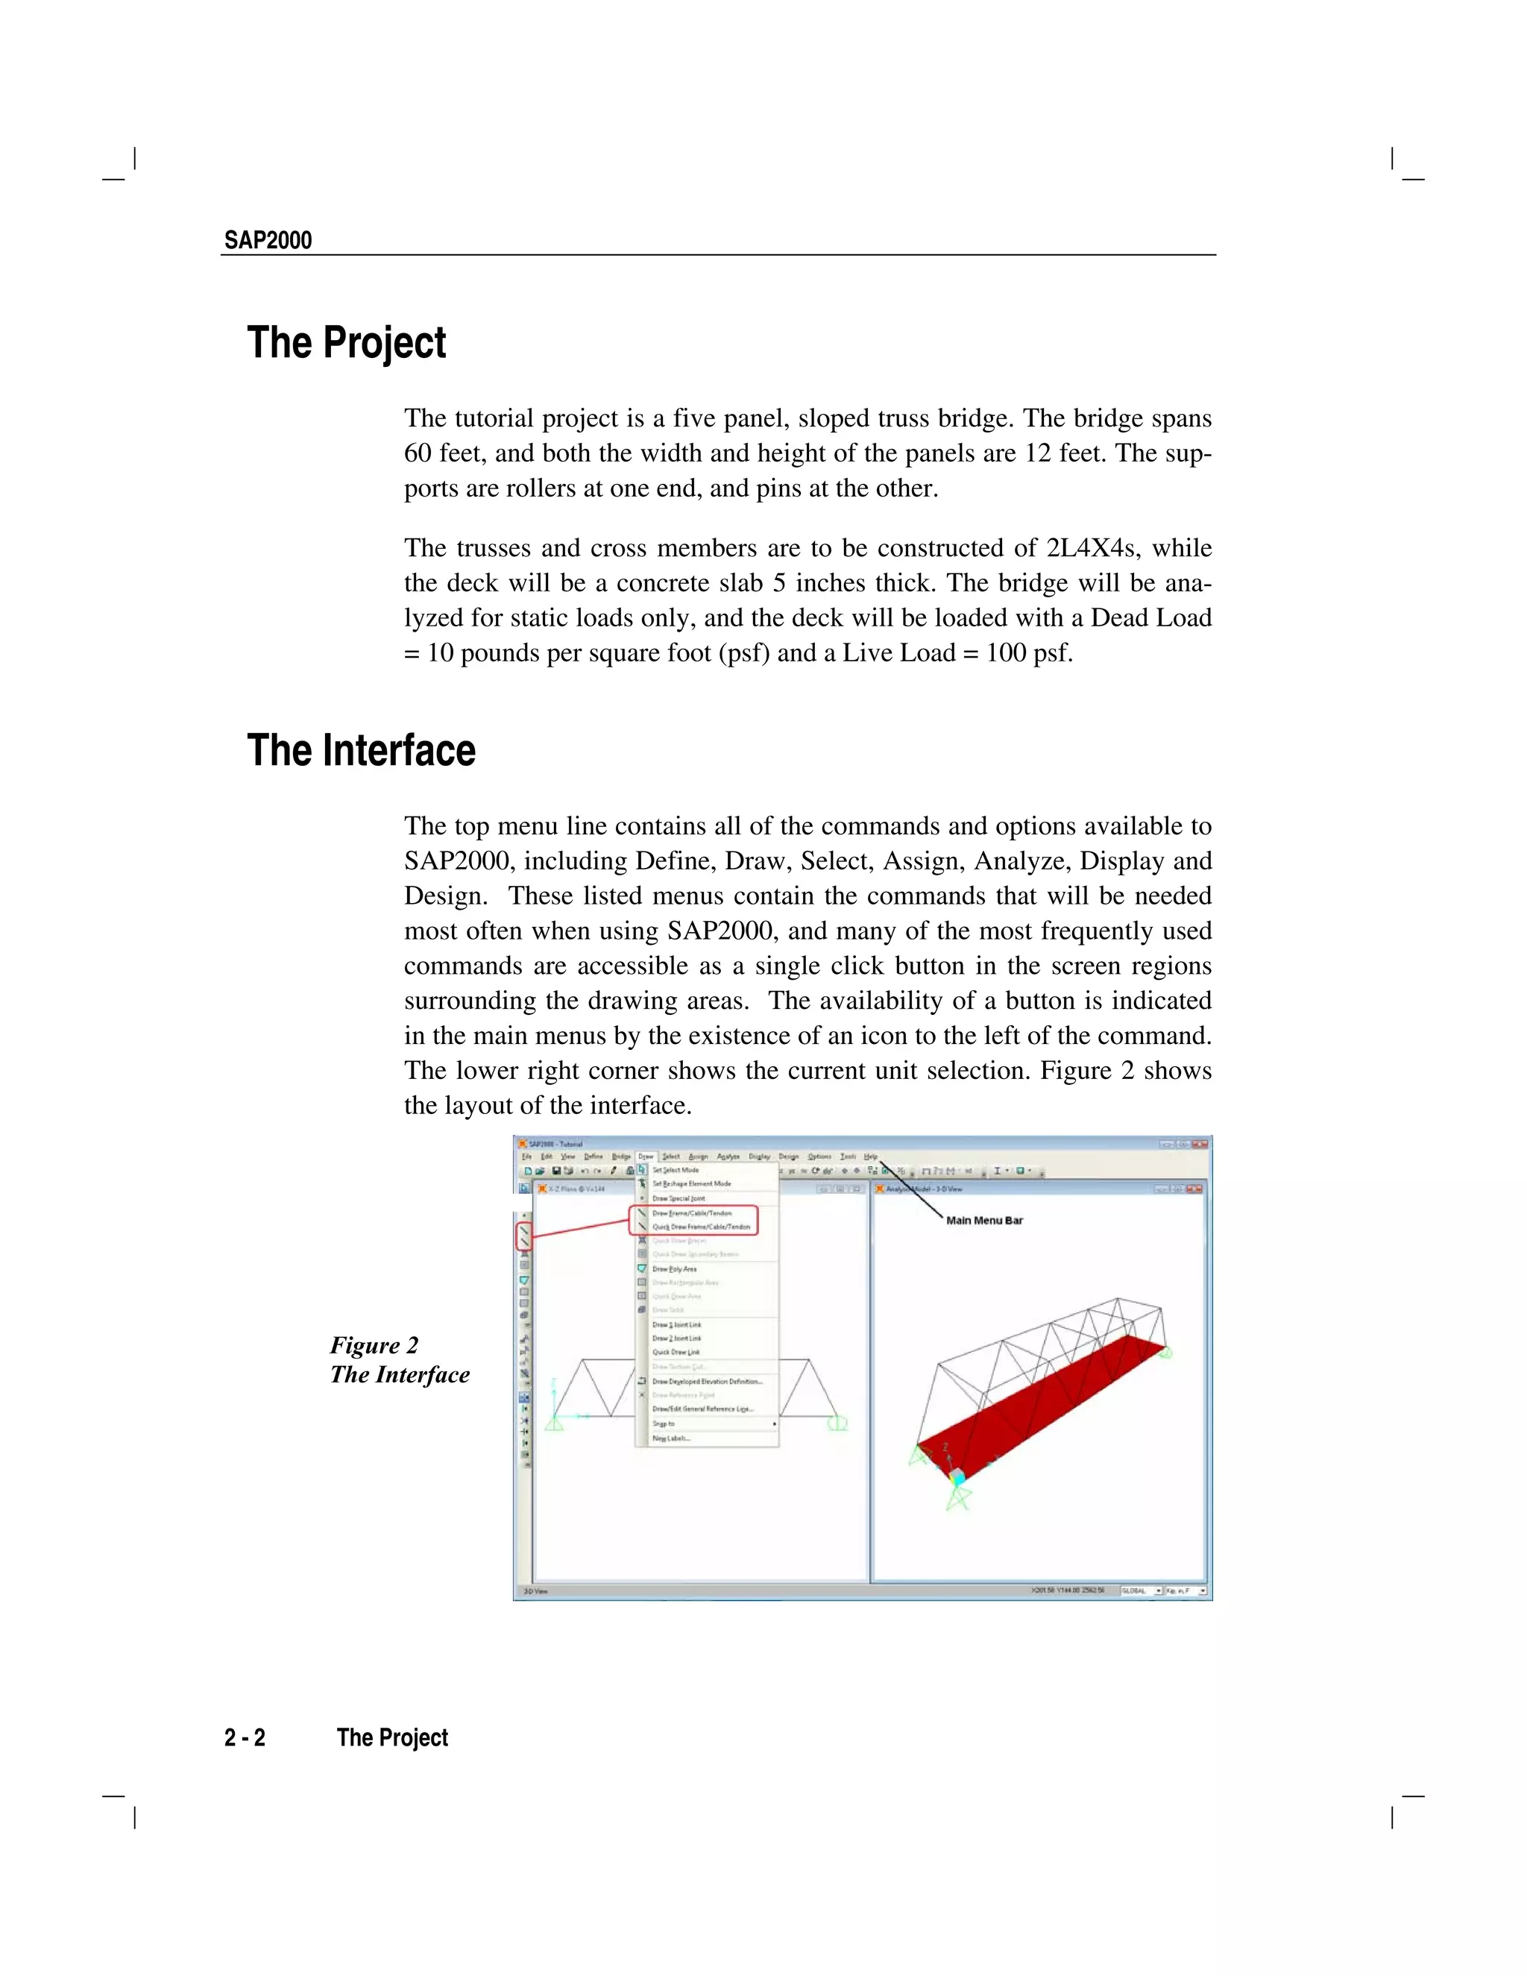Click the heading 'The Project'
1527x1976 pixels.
click(347, 343)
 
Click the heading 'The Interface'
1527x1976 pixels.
click(361, 750)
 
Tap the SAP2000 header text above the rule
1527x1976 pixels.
click(268, 241)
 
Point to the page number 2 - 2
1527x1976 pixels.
click(245, 1738)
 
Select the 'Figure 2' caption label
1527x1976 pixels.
click(374, 1345)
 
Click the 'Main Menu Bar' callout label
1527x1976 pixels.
click(984, 1221)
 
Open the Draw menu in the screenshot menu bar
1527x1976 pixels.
click(645, 1157)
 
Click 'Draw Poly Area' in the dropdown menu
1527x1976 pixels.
click(674, 1269)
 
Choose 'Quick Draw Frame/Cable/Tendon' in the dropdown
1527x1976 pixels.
click(701, 1227)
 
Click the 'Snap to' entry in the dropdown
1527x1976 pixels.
click(664, 1424)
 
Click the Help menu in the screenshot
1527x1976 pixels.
click(870, 1157)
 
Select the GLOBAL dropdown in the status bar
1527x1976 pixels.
click(1141, 1590)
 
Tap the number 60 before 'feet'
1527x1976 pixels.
click(419, 453)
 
